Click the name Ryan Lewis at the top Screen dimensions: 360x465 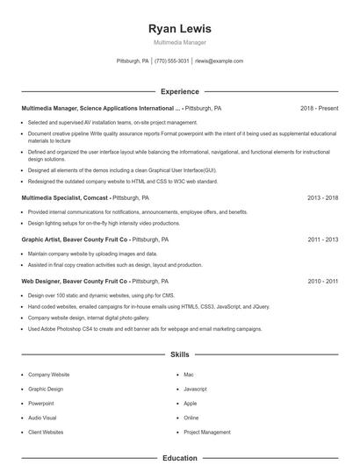[180, 29]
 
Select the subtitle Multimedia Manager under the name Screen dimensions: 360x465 [180, 42]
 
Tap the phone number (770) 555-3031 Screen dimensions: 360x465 [172, 61]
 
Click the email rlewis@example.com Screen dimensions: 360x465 [219, 61]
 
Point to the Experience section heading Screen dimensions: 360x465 [180, 91]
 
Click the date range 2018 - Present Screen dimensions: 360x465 [319, 108]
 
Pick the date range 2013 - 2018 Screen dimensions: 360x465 [322, 198]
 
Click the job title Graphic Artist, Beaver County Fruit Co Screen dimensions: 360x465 [75, 239]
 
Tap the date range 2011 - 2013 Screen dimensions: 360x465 [322, 239]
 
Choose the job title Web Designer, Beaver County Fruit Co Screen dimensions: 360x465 [75, 281]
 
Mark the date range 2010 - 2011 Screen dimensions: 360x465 [322, 281]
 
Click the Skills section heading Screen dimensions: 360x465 [180, 355]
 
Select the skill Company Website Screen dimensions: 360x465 [48, 375]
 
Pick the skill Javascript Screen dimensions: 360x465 [195, 389]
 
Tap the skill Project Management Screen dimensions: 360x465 [206, 432]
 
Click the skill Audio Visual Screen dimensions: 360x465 [42, 418]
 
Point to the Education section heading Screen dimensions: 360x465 [180, 458]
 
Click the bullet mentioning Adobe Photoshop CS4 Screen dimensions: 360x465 [145, 329]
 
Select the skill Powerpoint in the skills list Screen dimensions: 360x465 [41, 404]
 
